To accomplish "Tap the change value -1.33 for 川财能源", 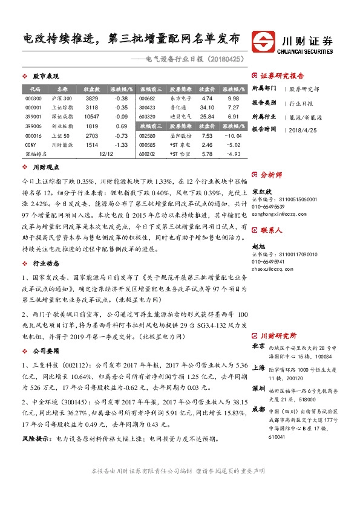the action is pyautogui.click(x=121, y=145).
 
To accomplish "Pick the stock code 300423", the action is pyautogui.click(x=147, y=107).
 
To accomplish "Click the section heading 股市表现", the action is pyautogui.click(x=45, y=76).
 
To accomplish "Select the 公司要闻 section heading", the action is pyautogui.click(x=45, y=350).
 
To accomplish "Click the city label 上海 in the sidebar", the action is pyautogui.click(x=258, y=367).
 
